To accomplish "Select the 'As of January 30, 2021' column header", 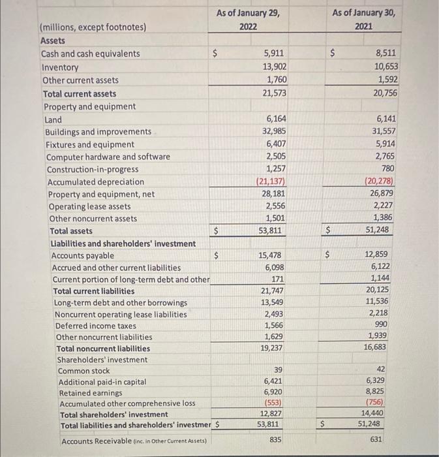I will click(363, 19).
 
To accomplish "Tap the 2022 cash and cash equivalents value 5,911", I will click(273, 54).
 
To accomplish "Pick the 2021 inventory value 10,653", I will click(387, 67).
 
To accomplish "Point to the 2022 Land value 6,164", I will click(275, 119).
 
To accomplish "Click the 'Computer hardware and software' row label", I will click(108, 157).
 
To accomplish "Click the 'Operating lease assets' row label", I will click(89, 206).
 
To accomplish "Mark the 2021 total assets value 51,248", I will click(386, 230).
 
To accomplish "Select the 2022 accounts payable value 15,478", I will click(274, 255).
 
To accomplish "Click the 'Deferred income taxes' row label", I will click(96, 326).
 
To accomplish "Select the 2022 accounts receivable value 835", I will click(275, 441).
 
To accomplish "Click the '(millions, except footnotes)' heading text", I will click(93, 27).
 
